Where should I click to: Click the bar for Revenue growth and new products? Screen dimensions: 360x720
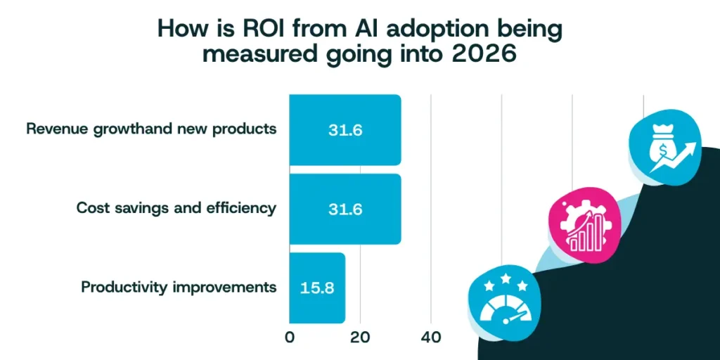coord(345,130)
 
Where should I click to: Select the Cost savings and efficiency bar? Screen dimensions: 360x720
coord(345,209)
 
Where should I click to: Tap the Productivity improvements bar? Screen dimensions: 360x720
coord(317,288)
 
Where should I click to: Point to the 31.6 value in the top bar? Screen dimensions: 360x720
coord(345,130)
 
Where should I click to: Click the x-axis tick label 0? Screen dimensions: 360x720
coord(290,337)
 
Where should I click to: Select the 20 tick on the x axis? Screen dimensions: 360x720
coord(360,337)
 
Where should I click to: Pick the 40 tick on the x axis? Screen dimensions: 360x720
coord(431,337)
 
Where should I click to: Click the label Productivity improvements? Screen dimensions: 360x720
coord(179,288)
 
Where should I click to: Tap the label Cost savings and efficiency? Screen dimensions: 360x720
coord(176,209)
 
